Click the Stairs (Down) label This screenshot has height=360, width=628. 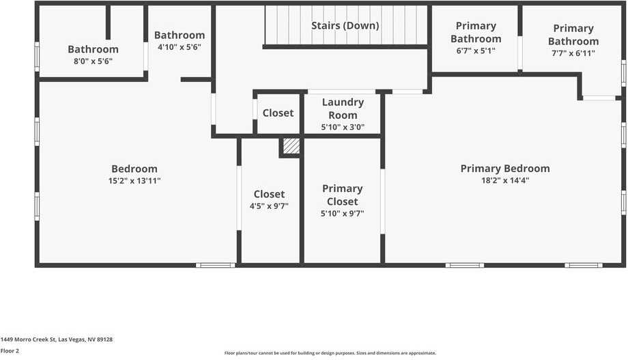click(x=345, y=26)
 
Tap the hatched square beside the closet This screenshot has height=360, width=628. click(x=291, y=146)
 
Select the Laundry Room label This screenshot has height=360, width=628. click(x=342, y=109)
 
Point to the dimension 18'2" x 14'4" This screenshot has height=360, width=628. click(x=504, y=181)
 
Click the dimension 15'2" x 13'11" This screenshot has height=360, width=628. click(x=134, y=181)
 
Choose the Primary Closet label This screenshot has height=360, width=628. click(x=342, y=195)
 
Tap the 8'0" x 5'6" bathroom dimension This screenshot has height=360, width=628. click(x=93, y=61)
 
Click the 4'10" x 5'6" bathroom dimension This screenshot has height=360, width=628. click(x=179, y=47)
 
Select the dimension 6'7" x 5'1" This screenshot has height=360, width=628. click(x=475, y=51)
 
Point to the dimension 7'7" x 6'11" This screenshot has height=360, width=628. click(x=573, y=53)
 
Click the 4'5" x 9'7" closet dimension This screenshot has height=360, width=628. click(x=269, y=206)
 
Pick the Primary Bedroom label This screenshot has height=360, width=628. click(x=504, y=169)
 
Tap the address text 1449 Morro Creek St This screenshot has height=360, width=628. click(x=57, y=340)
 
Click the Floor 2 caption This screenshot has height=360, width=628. click(x=10, y=351)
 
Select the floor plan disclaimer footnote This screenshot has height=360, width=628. click(x=330, y=353)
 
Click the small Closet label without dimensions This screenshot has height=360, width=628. click(x=278, y=113)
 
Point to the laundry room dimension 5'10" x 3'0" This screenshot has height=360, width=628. click(x=342, y=127)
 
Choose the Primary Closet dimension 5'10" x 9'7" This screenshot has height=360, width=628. click(x=342, y=213)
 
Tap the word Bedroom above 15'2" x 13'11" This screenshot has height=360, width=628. click(x=134, y=169)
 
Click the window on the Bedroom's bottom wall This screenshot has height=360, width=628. click(x=216, y=265)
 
